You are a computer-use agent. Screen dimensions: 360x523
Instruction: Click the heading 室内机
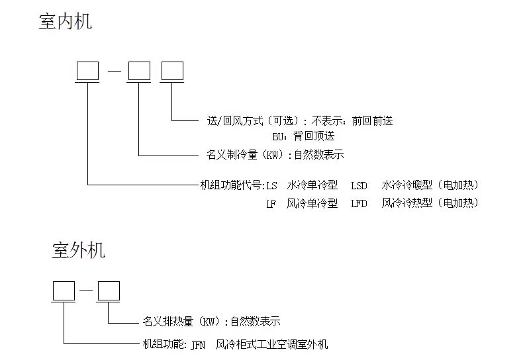(66, 21)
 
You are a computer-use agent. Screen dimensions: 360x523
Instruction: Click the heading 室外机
(78, 250)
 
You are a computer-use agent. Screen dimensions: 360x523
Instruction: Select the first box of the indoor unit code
(87, 71)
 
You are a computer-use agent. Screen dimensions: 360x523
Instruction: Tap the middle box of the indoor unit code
(139, 71)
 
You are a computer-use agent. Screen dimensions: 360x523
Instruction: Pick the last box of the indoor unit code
(172, 71)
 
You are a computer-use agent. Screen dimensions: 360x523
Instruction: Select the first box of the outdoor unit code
(64, 291)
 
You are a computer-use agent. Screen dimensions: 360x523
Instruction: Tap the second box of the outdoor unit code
(108, 291)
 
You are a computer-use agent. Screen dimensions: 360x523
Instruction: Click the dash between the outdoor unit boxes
(85, 291)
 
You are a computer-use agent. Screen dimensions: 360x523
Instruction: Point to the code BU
(279, 136)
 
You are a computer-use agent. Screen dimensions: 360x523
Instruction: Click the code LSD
(359, 185)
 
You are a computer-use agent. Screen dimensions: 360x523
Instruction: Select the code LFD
(359, 203)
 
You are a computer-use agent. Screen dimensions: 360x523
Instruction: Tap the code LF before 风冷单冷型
(271, 203)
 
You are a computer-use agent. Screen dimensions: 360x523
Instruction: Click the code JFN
(197, 344)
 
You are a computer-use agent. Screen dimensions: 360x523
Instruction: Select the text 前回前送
(373, 120)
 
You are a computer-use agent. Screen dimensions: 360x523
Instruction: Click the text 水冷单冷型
(312, 185)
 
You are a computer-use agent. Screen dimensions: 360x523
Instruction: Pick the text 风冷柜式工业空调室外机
(271, 344)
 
